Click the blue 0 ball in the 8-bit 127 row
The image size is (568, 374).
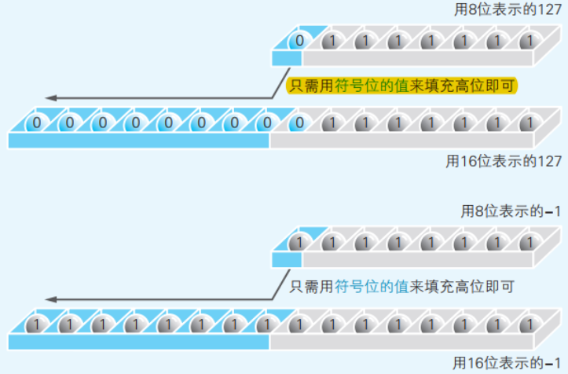pyautogui.click(x=299, y=39)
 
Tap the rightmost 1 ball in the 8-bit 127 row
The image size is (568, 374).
pyautogui.click(x=530, y=39)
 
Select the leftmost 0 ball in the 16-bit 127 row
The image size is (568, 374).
pyautogui.click(x=35, y=122)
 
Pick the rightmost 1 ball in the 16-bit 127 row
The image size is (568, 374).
pyautogui.click(x=530, y=122)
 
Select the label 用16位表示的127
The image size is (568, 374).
pyautogui.click(x=504, y=161)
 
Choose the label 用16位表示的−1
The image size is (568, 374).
pyautogui.click(x=507, y=363)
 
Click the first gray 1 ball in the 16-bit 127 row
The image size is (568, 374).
pyautogui.click(x=332, y=122)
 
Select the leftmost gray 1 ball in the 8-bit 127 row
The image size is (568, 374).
pyautogui.click(x=332, y=39)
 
